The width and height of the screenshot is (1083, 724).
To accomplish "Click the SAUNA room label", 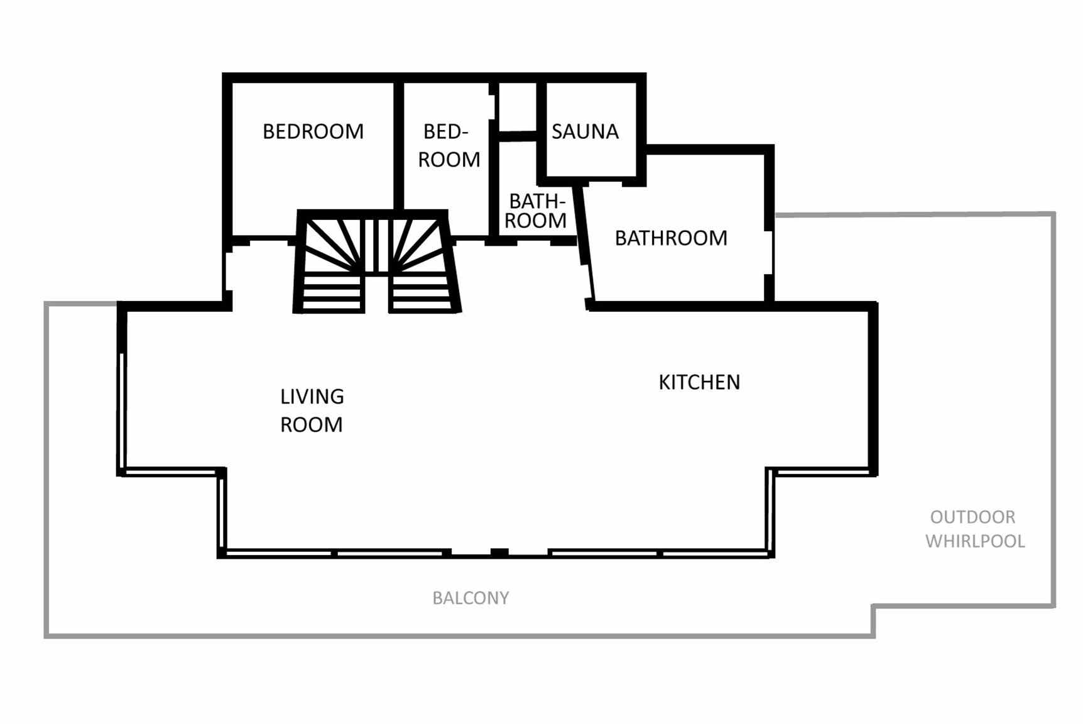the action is (x=585, y=131).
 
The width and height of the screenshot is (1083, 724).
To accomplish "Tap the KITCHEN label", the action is (x=699, y=382).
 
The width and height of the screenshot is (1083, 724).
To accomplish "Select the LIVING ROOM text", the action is (x=312, y=410).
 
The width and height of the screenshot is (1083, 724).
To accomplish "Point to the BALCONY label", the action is (x=471, y=598).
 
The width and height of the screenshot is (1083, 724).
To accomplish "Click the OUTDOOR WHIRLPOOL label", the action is (x=975, y=529).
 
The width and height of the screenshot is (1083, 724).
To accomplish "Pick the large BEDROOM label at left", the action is (x=313, y=131).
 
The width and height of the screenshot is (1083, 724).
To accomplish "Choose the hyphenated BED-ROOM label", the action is (x=449, y=145).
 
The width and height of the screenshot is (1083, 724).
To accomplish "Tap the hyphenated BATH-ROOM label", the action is (x=536, y=211).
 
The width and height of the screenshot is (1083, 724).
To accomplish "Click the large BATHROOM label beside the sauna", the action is (x=671, y=238).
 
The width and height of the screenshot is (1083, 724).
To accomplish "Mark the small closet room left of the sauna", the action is (x=518, y=107).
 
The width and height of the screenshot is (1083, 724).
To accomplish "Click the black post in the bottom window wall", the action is (x=499, y=552).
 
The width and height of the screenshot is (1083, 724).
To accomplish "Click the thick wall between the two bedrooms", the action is (x=398, y=146).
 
